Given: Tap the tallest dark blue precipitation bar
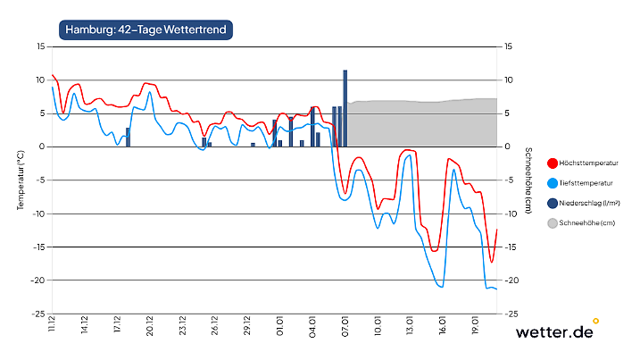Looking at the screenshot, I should pos(345,107).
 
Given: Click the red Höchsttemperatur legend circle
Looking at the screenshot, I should pos(553,163).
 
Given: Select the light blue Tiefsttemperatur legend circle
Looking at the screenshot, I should pos(553,183).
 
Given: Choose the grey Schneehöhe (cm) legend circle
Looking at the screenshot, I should pos(553,222).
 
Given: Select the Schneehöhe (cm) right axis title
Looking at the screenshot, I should pos(528,180).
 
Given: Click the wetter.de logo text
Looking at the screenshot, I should pos(554,331).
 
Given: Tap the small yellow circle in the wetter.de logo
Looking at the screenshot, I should pos(595,321).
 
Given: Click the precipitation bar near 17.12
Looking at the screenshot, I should pos(128,137).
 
